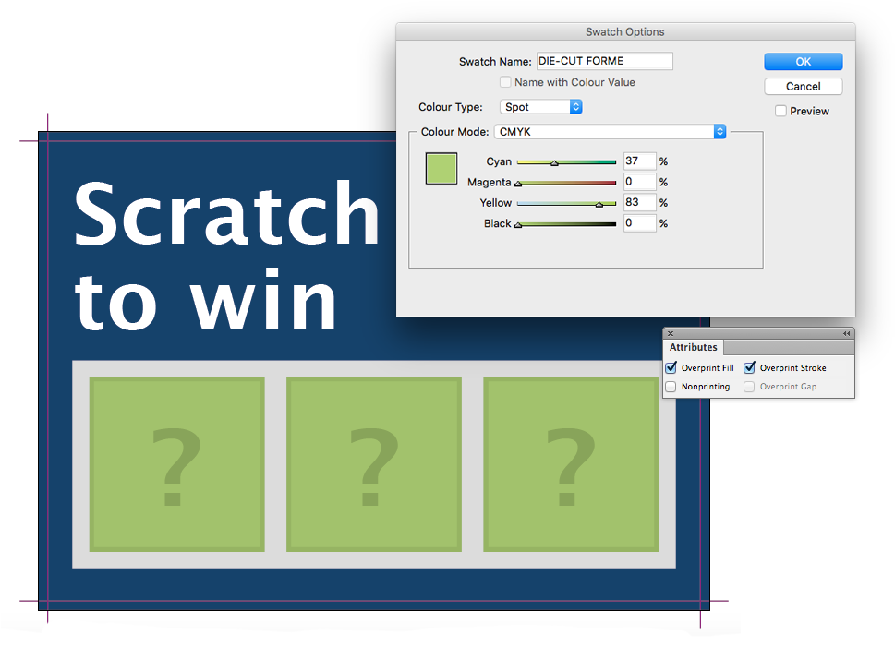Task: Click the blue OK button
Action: click(804, 62)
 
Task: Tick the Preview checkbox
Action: click(780, 111)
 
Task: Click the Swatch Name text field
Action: click(604, 61)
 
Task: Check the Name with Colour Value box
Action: click(505, 82)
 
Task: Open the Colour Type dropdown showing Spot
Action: click(540, 107)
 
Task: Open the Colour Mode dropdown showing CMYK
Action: click(610, 132)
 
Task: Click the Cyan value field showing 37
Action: click(639, 161)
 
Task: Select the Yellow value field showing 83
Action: click(639, 202)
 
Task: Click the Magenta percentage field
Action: click(639, 182)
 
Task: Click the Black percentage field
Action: click(639, 223)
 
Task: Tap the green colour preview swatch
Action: click(441, 168)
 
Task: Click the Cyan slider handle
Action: click(553, 163)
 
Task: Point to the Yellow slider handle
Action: click(599, 204)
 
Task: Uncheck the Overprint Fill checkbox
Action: click(671, 367)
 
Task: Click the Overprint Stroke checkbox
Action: click(749, 367)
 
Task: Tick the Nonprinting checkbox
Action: click(671, 387)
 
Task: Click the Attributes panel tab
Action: click(693, 347)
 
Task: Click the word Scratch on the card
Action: click(226, 214)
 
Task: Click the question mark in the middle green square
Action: click(374, 466)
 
